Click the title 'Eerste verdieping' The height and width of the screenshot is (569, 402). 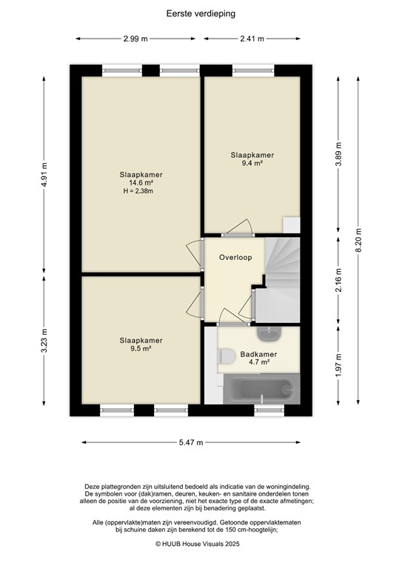(x=201, y=13)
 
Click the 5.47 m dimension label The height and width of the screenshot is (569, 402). (x=190, y=442)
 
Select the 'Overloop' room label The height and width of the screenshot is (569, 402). (x=235, y=257)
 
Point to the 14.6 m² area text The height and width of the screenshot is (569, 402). (x=141, y=183)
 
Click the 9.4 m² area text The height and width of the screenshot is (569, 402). (x=252, y=164)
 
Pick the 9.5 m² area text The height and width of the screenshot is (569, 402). (x=141, y=349)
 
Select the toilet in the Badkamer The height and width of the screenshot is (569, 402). (x=225, y=356)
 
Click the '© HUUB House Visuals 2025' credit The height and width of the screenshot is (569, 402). (x=200, y=543)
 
